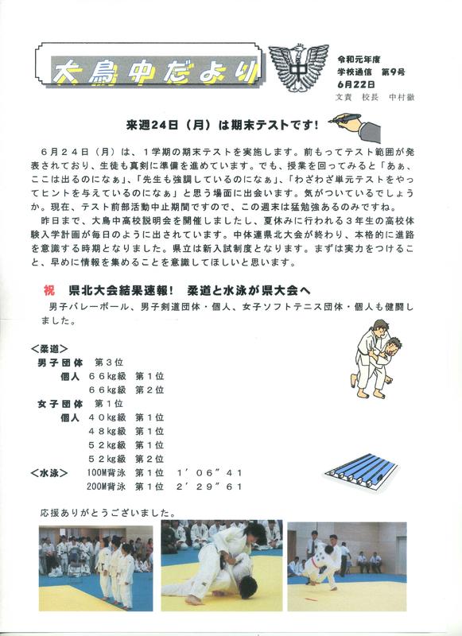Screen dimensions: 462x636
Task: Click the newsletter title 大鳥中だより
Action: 155,72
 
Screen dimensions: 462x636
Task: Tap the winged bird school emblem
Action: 298,67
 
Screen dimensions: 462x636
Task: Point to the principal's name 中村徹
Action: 401,97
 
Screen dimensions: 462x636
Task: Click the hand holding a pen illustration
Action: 355,127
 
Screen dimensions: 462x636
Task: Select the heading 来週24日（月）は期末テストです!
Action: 223,125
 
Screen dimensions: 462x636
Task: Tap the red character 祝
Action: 49,290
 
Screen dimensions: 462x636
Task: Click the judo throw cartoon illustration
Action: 376,359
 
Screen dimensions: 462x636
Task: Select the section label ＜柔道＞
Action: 49,349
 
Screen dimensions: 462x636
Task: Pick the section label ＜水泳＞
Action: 49,473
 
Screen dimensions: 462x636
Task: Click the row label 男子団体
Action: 60,363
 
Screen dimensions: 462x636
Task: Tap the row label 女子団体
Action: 60,404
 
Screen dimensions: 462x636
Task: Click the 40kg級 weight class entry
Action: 107,417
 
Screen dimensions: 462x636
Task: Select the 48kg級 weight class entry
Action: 107,431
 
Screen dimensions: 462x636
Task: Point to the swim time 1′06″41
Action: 209,473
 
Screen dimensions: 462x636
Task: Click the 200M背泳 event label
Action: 107,487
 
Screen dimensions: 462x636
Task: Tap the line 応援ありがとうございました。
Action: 108,513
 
